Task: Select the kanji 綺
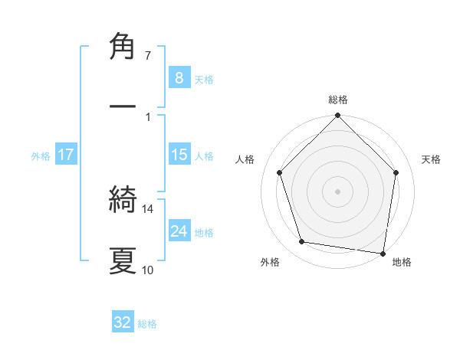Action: click(x=123, y=201)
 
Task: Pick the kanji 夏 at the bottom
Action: click(x=123, y=260)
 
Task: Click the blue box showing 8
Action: click(x=179, y=78)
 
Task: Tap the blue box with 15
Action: click(x=179, y=155)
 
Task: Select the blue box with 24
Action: click(x=179, y=231)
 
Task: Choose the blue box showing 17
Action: click(x=66, y=155)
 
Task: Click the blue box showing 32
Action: click(x=123, y=322)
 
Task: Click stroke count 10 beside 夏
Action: click(x=148, y=270)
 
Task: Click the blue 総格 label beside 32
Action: click(x=147, y=324)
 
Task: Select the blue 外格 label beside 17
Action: click(x=41, y=156)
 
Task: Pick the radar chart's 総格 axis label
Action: click(x=338, y=100)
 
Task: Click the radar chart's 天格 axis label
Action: click(x=431, y=159)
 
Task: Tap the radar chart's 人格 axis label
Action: click(x=245, y=159)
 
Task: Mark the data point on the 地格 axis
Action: click(x=383, y=253)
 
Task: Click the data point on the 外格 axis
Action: click(x=302, y=242)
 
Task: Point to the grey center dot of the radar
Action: click(x=338, y=191)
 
